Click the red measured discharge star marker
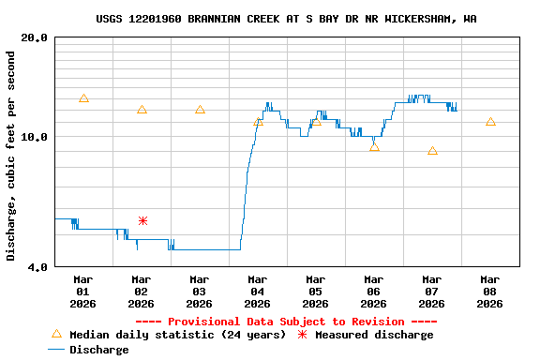pyautogui.click(x=142, y=220)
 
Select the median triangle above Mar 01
pyautogui.click(x=83, y=98)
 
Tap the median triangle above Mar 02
pyautogui.click(x=142, y=110)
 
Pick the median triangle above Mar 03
pyautogui.click(x=200, y=110)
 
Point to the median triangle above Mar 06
pyautogui.click(x=374, y=147)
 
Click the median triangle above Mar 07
pyautogui.click(x=432, y=151)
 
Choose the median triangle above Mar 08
pyautogui.click(x=490, y=122)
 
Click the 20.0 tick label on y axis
pyautogui.click(x=35, y=37)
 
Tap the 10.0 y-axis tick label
pyautogui.click(x=35, y=137)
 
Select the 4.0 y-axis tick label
pyautogui.click(x=38, y=267)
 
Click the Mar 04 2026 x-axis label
pyautogui.click(x=257, y=292)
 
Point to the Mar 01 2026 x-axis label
pyautogui.click(x=82, y=292)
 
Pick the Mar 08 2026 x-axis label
pyautogui.click(x=489, y=292)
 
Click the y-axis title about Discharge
pyautogui.click(x=11, y=156)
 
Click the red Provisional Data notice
pyautogui.click(x=286, y=322)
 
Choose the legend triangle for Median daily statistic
pyautogui.click(x=56, y=335)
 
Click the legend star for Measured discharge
pyautogui.click(x=302, y=335)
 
